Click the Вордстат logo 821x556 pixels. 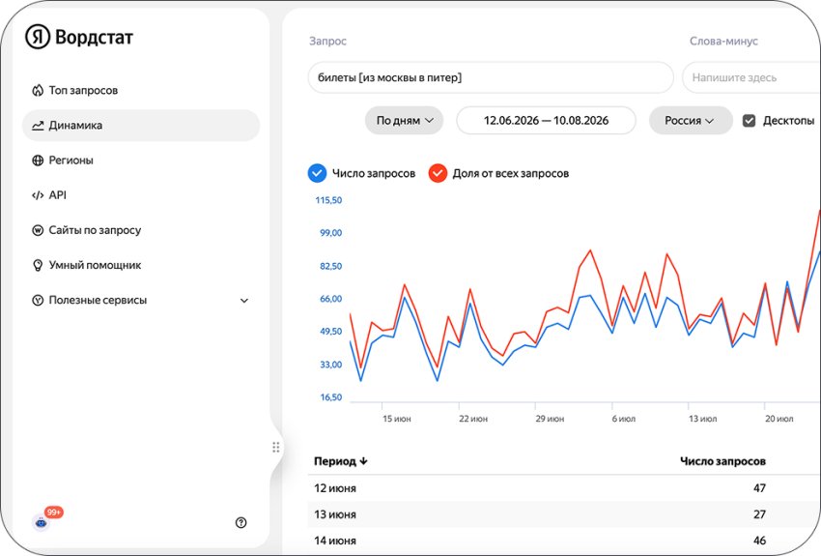coord(79,37)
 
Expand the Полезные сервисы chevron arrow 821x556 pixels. coord(244,301)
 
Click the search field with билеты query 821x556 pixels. coord(491,77)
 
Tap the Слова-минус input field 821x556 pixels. coord(751,77)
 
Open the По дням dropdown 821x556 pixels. coord(404,121)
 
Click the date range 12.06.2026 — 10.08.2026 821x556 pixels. coord(546,121)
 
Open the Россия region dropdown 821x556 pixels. coord(691,121)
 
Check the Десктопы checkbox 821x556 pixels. coord(750,121)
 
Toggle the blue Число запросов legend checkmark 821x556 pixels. coord(318,173)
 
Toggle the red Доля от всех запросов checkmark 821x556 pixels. coord(438,173)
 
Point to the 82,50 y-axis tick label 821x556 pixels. coord(331,266)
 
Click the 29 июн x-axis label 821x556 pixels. coord(550,419)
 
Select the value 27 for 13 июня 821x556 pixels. coord(760,514)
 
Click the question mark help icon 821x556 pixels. coord(241,522)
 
